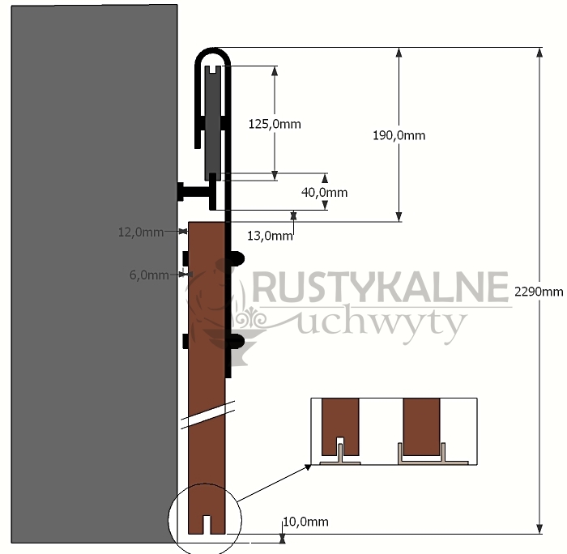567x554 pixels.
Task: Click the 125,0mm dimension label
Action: pyautogui.click(x=275, y=124)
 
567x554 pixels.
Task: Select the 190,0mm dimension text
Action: pyautogui.click(x=399, y=135)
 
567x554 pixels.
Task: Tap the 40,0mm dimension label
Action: pyautogui.click(x=324, y=193)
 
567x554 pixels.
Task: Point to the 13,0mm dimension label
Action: pyautogui.click(x=270, y=236)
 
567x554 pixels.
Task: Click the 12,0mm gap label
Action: pyautogui.click(x=141, y=232)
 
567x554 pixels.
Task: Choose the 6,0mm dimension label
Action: pyautogui.click(x=149, y=275)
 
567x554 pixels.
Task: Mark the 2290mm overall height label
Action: pyautogui.click(x=539, y=292)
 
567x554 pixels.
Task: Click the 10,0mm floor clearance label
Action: pyautogui.click(x=305, y=522)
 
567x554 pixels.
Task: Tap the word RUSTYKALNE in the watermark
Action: pyautogui.click(x=381, y=288)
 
